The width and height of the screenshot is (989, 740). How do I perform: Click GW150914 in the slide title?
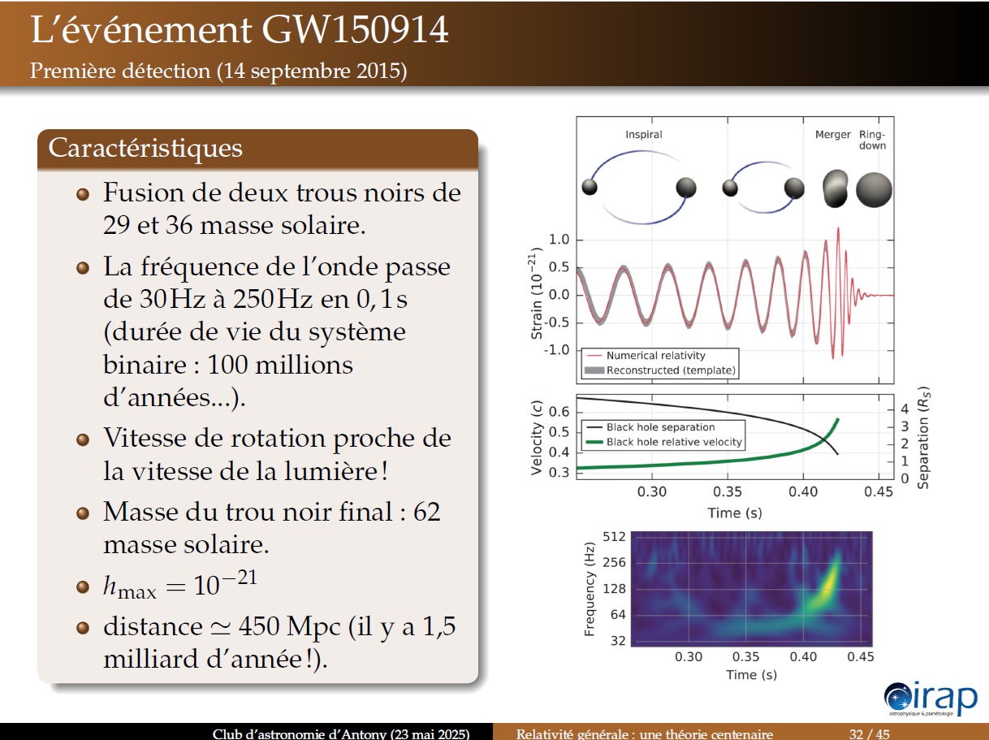pyautogui.click(x=355, y=30)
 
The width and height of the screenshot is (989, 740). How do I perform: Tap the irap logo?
pyautogui.click(x=931, y=699)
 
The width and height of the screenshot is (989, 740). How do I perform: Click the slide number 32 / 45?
pyautogui.click(x=869, y=734)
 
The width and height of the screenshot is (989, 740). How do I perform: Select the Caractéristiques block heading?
pyautogui.click(x=145, y=149)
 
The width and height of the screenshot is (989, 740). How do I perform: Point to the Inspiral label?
pyautogui.click(x=643, y=134)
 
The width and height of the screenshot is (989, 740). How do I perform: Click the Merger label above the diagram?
pyautogui.click(x=832, y=134)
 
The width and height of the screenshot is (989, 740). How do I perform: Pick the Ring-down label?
pyautogui.click(x=872, y=140)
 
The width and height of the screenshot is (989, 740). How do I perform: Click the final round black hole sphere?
pyautogui.click(x=874, y=190)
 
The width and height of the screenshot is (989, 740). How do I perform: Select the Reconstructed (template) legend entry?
pyautogui.click(x=660, y=370)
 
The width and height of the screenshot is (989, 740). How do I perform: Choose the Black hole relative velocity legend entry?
pyautogui.click(x=663, y=442)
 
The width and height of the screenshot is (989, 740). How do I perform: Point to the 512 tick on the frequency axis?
pyautogui.click(x=614, y=537)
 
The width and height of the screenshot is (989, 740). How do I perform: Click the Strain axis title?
pyautogui.click(x=535, y=293)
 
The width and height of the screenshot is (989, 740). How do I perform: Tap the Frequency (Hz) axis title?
pyautogui.click(x=590, y=589)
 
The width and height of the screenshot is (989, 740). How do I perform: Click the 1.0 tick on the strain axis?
pyautogui.click(x=559, y=240)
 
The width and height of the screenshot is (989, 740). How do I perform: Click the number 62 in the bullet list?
pyautogui.click(x=426, y=512)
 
